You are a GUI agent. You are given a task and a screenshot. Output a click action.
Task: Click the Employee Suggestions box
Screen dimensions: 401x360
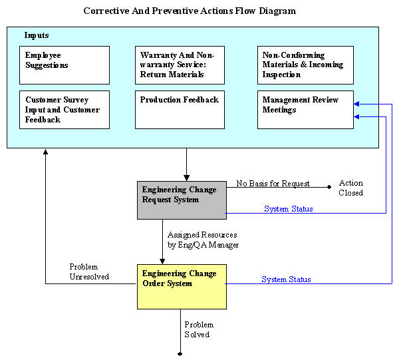coord(65,65)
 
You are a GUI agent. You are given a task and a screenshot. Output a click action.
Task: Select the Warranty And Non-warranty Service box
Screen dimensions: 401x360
coord(180,65)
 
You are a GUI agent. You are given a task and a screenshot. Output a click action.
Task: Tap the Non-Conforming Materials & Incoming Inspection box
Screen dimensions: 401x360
coord(305,65)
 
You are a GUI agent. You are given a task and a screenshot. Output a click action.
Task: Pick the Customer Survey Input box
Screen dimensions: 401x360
coord(65,110)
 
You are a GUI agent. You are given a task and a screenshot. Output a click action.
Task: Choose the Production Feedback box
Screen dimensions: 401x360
coord(180,110)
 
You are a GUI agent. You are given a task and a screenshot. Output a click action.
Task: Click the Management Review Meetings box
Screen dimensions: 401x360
coord(305,110)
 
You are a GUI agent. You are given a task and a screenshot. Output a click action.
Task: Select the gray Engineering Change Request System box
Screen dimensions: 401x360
coord(182,200)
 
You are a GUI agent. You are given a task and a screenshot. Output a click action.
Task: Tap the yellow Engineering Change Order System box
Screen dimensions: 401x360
coord(182,287)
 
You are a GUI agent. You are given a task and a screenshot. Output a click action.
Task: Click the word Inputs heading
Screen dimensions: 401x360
coord(37,35)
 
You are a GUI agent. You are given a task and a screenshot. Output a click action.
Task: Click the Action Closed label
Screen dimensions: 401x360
coord(351,188)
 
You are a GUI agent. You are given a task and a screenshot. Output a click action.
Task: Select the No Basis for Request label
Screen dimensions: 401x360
coord(273,184)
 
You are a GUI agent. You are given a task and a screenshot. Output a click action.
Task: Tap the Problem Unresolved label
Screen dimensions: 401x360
coord(89,271)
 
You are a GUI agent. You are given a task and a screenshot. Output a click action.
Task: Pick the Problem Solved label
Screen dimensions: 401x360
coord(199,329)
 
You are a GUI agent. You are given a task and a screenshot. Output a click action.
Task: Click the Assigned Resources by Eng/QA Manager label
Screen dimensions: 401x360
coord(203,240)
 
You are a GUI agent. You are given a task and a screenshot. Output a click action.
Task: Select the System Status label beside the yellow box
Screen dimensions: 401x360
coord(286,279)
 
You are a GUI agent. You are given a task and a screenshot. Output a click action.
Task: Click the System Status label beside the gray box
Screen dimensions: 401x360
coord(289,209)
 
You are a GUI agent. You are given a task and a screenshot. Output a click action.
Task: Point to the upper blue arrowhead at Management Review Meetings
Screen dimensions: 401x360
coord(356,104)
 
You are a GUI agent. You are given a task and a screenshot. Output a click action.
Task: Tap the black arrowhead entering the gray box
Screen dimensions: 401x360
coord(187,178)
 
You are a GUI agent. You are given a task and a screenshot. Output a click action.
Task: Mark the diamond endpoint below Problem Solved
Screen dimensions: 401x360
coord(180,354)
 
